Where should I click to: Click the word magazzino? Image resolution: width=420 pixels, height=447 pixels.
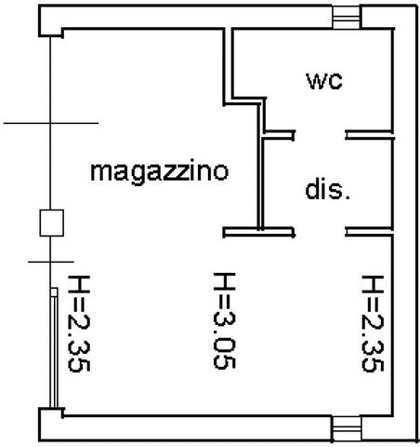click(160, 170)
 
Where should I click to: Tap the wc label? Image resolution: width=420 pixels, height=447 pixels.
click(324, 81)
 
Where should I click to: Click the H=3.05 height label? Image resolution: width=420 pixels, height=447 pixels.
click(225, 320)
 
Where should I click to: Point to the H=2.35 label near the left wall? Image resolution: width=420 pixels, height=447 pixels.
click(79, 323)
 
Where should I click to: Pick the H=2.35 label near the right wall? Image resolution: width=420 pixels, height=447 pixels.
click(373, 323)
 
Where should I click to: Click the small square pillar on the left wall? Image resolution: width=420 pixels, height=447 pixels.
click(52, 223)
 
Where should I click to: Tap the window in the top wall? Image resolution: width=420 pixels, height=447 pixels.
click(347, 18)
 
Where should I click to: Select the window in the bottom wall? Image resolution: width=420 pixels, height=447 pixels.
click(347, 428)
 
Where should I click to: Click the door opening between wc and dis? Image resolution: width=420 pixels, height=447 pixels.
click(320, 135)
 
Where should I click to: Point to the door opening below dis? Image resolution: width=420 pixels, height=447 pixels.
click(320, 232)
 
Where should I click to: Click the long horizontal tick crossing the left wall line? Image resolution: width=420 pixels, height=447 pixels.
click(51, 123)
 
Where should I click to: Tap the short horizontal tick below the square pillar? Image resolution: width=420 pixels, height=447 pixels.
click(51, 262)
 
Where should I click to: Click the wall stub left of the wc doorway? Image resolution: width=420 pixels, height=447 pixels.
click(279, 135)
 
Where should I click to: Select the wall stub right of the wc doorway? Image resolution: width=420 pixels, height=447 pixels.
click(369, 135)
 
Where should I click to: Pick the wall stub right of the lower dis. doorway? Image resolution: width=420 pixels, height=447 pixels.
click(369, 232)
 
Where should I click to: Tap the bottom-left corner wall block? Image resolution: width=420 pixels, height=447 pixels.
click(51, 424)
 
